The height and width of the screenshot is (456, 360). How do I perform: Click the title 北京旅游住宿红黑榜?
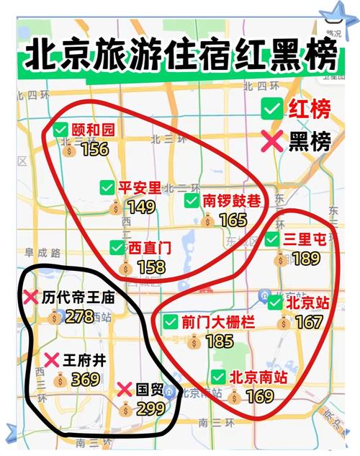point(180,57)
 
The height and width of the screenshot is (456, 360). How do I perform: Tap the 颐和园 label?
point(93,130)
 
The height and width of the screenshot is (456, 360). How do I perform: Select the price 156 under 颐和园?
point(94,149)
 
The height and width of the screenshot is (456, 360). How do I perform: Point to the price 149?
point(140,207)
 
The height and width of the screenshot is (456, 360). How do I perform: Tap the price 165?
point(232,220)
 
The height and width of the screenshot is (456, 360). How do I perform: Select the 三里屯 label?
point(305,240)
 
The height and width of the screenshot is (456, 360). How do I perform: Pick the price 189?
point(306,259)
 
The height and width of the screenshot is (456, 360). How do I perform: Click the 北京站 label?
point(307,303)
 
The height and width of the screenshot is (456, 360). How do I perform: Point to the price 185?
point(219,341)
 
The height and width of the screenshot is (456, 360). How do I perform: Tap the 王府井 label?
point(84,360)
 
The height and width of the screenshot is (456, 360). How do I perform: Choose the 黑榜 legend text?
point(310,142)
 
